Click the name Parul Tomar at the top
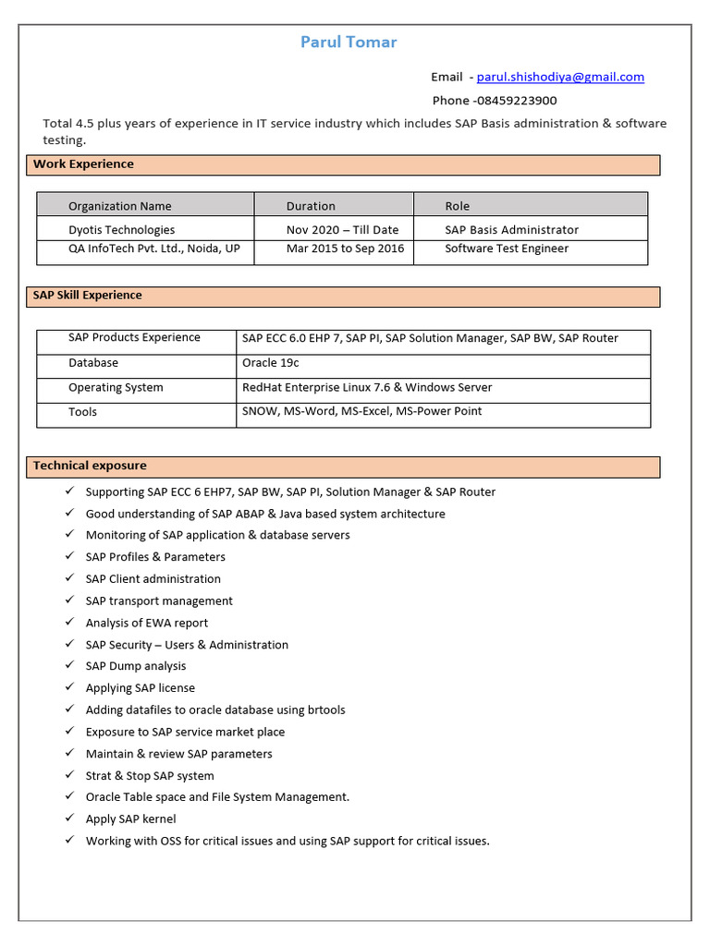click(x=349, y=42)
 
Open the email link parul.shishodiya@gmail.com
click(x=560, y=78)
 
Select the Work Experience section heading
click(x=84, y=164)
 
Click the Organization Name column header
click(x=120, y=206)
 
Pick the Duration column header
click(x=311, y=206)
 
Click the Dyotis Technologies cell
click(x=121, y=230)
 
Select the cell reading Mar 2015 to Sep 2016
click(x=345, y=249)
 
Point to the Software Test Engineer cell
click(x=507, y=249)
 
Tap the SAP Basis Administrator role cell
click(x=511, y=230)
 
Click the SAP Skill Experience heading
click(x=88, y=296)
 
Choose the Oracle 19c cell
click(x=270, y=363)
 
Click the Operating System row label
click(x=116, y=388)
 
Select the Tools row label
click(x=82, y=412)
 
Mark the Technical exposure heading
click(x=90, y=466)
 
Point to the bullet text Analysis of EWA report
click(x=147, y=623)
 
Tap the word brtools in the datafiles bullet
click(x=325, y=709)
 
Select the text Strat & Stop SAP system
click(x=150, y=776)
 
